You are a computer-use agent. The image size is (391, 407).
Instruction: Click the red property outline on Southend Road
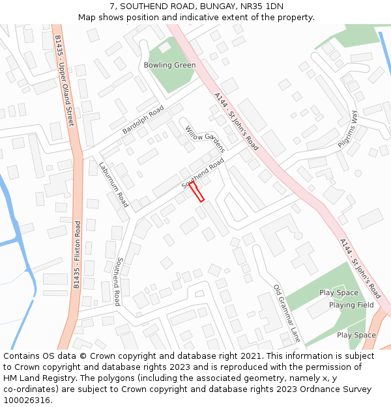pos(197,191)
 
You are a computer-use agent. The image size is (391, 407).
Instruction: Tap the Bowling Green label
pos(169,65)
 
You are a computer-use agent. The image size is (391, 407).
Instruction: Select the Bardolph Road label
pos(143,120)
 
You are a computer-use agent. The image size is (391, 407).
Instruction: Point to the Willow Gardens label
pos(205,139)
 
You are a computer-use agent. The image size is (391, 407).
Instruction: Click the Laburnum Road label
pos(113,185)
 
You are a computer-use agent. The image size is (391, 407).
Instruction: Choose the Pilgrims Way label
pos(348,129)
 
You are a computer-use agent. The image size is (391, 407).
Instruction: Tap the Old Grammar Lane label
pos(287,313)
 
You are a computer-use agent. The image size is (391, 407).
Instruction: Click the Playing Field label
pos(351,305)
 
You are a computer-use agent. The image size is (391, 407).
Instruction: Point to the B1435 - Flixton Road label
pos(77,255)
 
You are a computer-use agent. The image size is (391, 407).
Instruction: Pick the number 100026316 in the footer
pos(27,400)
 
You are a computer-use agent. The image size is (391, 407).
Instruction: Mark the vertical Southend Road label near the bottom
pos(117,281)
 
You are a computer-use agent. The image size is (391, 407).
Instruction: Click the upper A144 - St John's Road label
pos(236,121)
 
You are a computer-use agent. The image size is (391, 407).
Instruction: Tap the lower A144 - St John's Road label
pos(360,268)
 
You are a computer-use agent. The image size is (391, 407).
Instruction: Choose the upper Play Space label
pos(339,293)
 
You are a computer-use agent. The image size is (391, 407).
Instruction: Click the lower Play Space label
pos(356,335)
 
